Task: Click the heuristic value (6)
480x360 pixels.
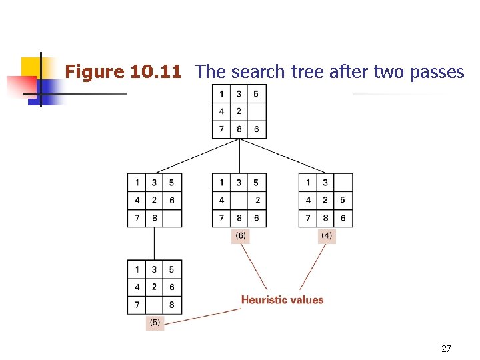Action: [x=240, y=235]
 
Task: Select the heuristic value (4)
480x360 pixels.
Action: [x=327, y=235]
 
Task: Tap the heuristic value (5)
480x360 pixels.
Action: [x=155, y=322]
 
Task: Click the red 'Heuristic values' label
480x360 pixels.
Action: [x=282, y=300]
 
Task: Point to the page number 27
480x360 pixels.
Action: [x=446, y=348]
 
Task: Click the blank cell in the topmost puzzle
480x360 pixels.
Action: [x=257, y=111]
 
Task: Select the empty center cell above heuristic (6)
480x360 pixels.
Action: [x=239, y=200]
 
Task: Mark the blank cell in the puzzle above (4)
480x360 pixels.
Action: [x=343, y=182]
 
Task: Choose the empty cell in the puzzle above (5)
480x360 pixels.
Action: [x=155, y=305]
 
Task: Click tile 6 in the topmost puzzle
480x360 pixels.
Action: [x=257, y=129]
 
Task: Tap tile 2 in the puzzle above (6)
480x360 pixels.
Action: [x=257, y=200]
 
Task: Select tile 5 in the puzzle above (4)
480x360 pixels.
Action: [x=343, y=200]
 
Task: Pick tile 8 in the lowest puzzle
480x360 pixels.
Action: [x=172, y=305]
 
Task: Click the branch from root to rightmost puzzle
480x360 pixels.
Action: [x=283, y=155]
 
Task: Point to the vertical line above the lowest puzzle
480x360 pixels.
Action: [x=155, y=243]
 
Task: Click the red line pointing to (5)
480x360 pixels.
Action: [x=200, y=315]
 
